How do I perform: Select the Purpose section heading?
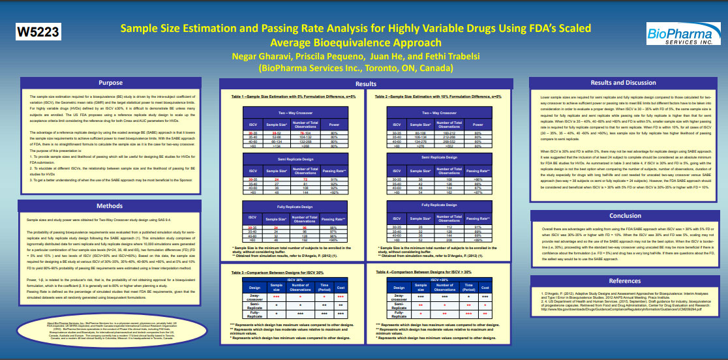110,83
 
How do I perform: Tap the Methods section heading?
110,206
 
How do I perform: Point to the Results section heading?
365,84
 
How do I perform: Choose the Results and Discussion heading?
623,83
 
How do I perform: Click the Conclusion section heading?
624,216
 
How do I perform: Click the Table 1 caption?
292,97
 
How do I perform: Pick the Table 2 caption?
438,97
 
